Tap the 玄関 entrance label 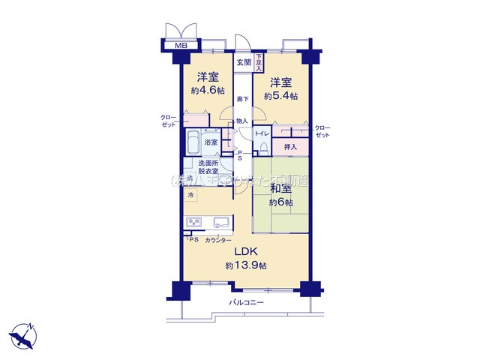pos(243,62)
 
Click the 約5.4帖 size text pos(280,96)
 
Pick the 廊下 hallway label pos(242,99)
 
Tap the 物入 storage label pos(241,121)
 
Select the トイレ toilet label pos(261,133)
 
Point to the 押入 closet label pos(290,148)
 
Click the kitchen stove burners pos(195,222)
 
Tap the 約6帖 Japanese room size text pos(281,203)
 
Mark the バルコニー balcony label pos(245,303)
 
